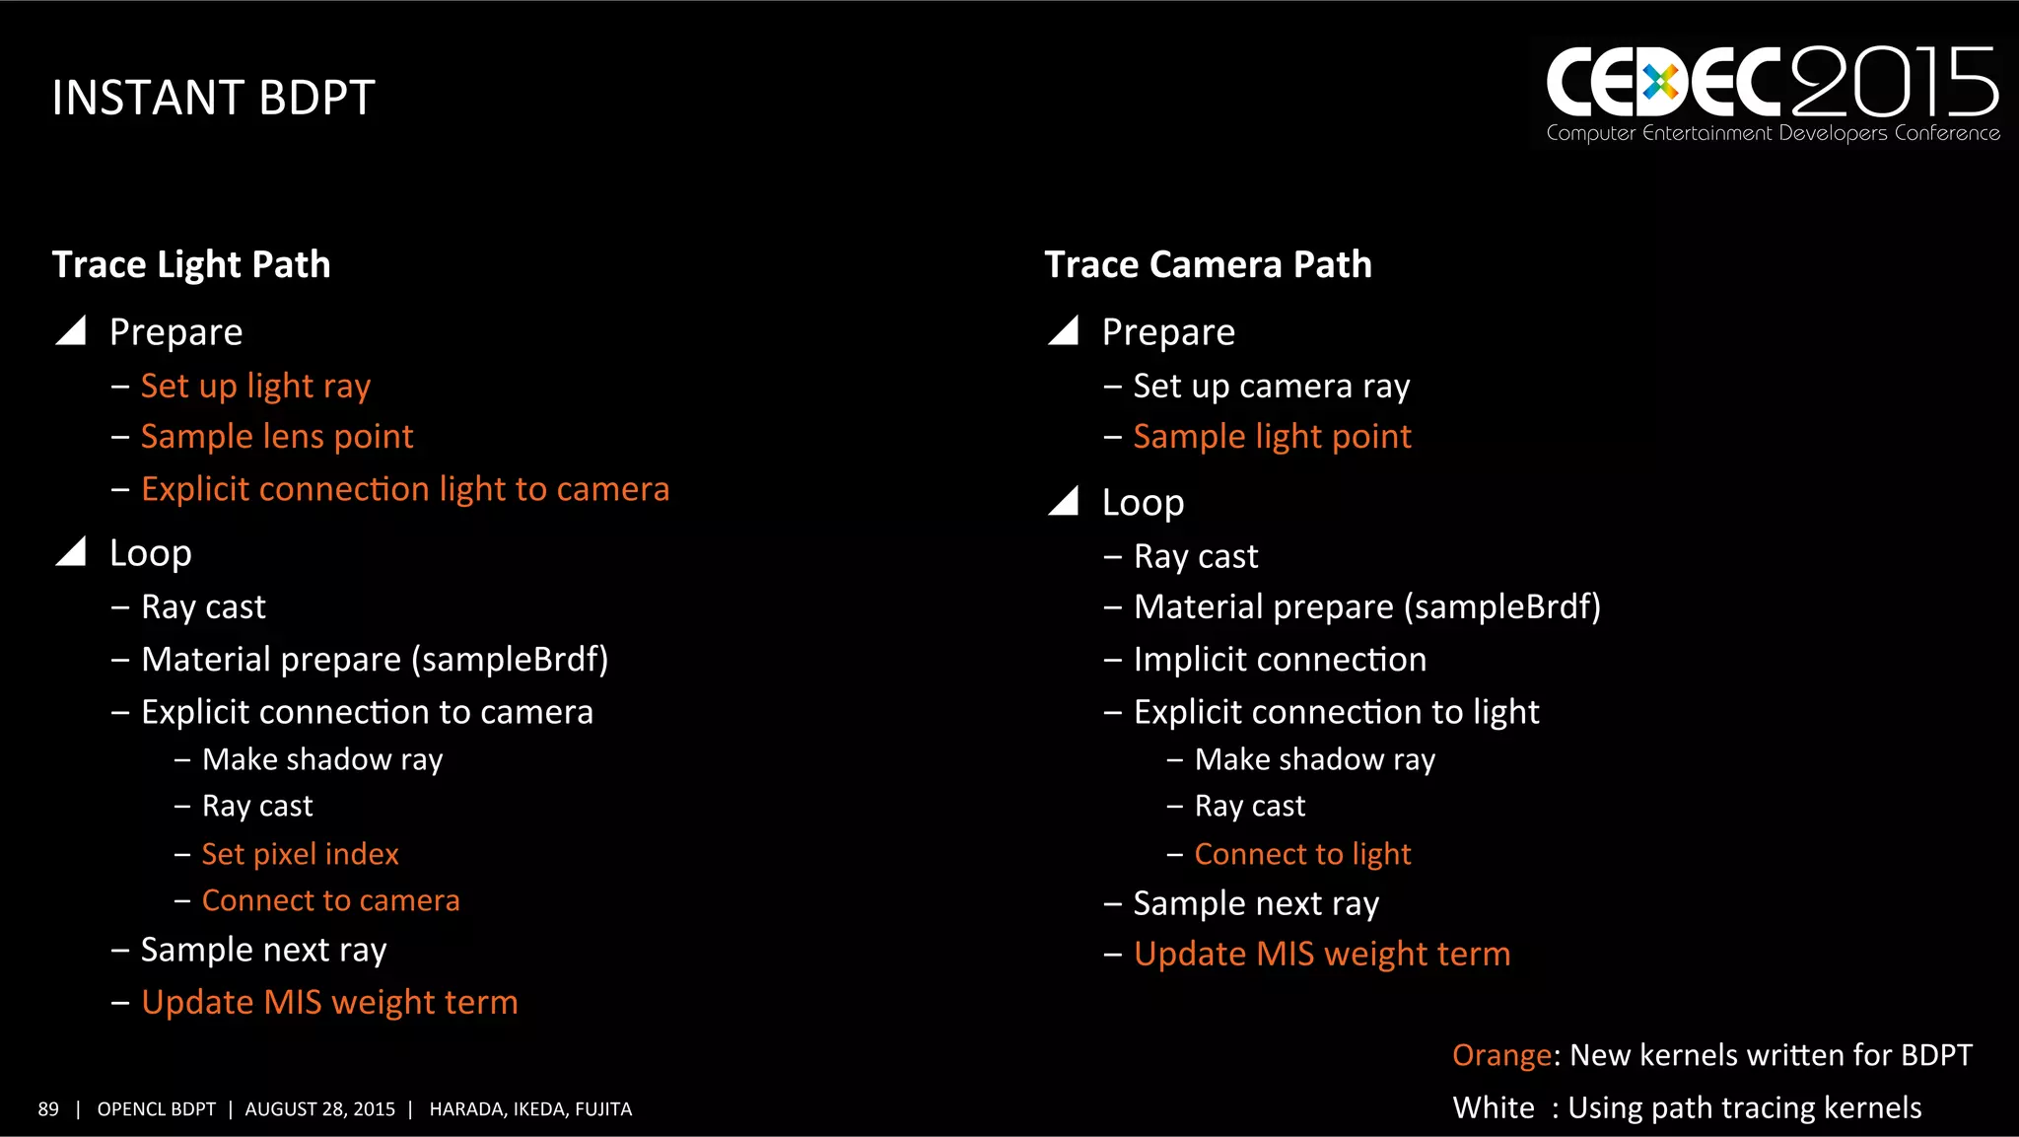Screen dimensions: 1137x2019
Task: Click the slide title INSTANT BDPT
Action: pyautogui.click(x=213, y=99)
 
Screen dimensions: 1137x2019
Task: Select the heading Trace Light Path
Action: pyautogui.click(x=191, y=264)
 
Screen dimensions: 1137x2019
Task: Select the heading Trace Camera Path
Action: pyautogui.click(x=1208, y=264)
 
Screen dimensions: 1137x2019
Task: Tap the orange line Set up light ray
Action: pyautogui.click(x=255, y=387)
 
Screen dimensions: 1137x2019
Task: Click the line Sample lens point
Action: pyautogui.click(x=277, y=437)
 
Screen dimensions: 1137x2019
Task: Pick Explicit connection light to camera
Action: pyautogui.click(x=404, y=489)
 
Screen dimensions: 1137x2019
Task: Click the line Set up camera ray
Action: pyautogui.click(x=1271, y=387)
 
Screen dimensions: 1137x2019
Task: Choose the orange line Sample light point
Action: pyautogui.click(x=1272, y=437)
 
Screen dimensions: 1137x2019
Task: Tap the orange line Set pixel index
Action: pyautogui.click(x=300, y=854)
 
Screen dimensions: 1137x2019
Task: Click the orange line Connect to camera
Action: pyautogui.click(x=330, y=900)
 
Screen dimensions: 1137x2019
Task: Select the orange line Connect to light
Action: pyautogui.click(x=1302, y=854)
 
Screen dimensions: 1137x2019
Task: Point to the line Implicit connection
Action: pyautogui.click(x=1280, y=660)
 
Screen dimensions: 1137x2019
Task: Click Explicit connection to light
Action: pyautogui.click(x=1336, y=712)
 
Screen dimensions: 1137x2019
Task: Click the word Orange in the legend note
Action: pyautogui.click(x=1501, y=1056)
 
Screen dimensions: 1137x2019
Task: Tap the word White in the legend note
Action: pyautogui.click(x=1493, y=1108)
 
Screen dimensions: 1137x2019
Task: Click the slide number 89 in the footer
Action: pyautogui.click(x=48, y=1109)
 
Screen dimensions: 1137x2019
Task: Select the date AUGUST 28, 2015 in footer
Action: pyautogui.click(x=319, y=1109)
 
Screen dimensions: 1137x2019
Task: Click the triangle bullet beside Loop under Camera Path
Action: pyautogui.click(x=1064, y=502)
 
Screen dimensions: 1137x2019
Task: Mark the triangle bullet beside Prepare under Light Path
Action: pyautogui.click(x=72, y=331)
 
